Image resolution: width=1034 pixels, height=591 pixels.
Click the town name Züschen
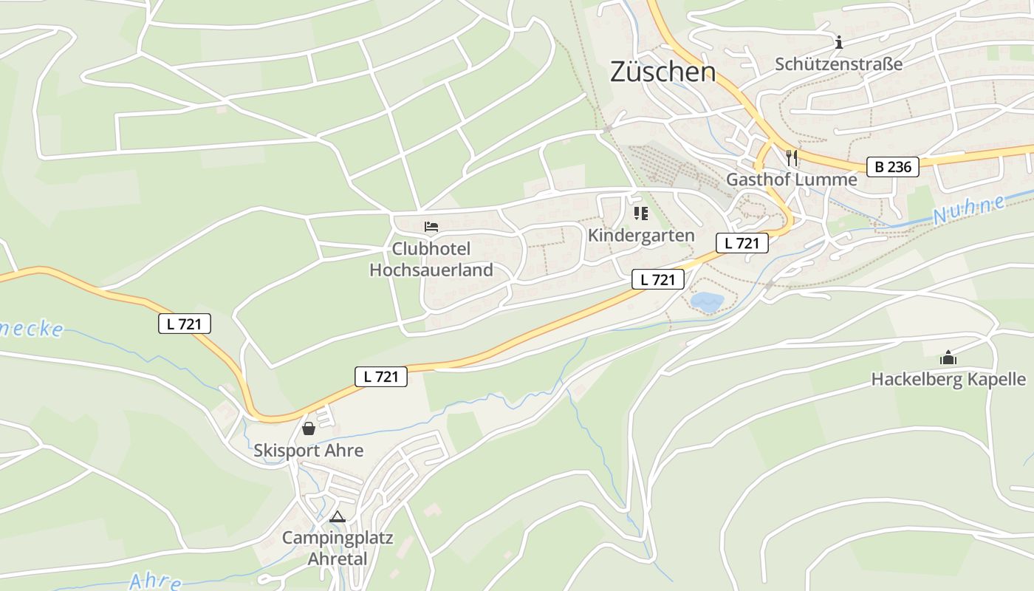click(x=662, y=72)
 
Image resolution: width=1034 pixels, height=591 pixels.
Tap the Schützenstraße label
click(x=838, y=64)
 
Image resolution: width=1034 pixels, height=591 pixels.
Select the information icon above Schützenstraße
click(x=838, y=43)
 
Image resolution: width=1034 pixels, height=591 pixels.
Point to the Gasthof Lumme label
click(x=791, y=180)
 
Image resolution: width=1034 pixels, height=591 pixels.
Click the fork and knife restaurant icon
click(x=792, y=157)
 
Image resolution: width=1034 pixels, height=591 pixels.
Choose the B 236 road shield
click(x=893, y=167)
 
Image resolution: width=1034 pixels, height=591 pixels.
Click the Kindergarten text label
click(x=641, y=236)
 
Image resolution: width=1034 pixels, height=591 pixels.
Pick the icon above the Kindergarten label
click(x=640, y=214)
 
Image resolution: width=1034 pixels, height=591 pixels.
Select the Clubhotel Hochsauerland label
click(x=431, y=259)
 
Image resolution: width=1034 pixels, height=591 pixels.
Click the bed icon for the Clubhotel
click(x=431, y=227)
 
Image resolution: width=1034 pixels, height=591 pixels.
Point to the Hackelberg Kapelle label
click(x=948, y=380)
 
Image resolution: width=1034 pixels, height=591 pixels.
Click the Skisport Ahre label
click(x=308, y=451)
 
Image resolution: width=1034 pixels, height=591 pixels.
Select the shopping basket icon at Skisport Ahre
click(x=309, y=428)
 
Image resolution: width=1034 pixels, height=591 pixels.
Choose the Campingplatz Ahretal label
click(x=338, y=547)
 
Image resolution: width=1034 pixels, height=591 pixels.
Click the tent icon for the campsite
click(x=338, y=516)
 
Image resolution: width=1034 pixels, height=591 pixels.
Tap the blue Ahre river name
click(x=155, y=581)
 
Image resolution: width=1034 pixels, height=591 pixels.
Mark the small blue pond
click(x=707, y=301)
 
